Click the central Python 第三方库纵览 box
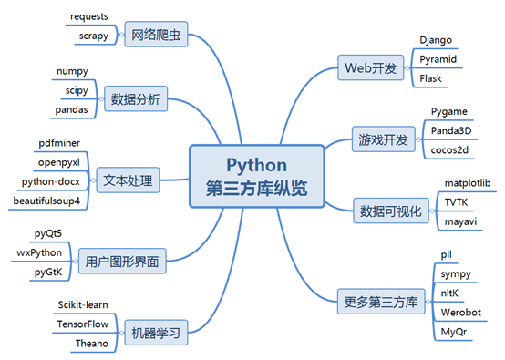click(256, 177)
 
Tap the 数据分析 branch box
click(136, 99)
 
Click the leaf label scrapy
click(88, 36)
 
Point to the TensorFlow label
click(82, 324)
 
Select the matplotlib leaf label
click(466, 183)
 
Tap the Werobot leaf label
click(459, 311)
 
